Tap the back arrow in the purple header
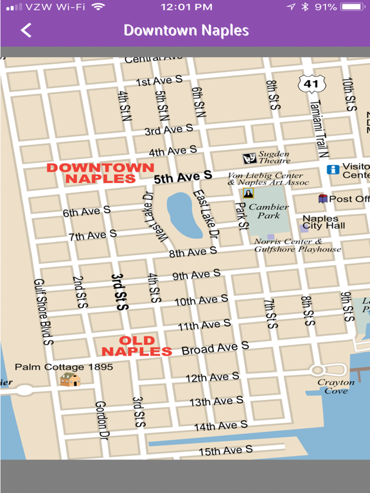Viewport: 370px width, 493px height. (26, 30)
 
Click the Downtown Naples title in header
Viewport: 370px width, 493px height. (186, 30)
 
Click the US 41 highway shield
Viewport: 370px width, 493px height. (312, 83)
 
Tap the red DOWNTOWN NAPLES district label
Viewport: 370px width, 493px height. (100, 173)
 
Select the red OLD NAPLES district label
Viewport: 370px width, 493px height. (137, 346)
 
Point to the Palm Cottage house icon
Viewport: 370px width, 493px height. (70, 379)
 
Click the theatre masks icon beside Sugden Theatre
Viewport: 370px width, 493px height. (249, 158)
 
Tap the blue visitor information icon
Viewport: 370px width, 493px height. (333, 169)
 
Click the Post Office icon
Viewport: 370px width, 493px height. (322, 199)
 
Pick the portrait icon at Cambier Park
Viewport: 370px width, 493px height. (249, 193)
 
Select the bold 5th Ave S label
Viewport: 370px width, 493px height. (182, 177)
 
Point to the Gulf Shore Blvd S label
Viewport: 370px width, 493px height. (44, 312)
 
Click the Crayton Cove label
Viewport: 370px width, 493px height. (335, 386)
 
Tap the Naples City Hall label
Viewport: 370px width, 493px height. (323, 222)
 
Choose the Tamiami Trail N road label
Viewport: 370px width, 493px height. (319, 128)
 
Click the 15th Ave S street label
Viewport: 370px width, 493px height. (225, 451)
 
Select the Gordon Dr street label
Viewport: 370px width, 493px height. (101, 420)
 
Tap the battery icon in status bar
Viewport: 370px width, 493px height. (352, 7)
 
